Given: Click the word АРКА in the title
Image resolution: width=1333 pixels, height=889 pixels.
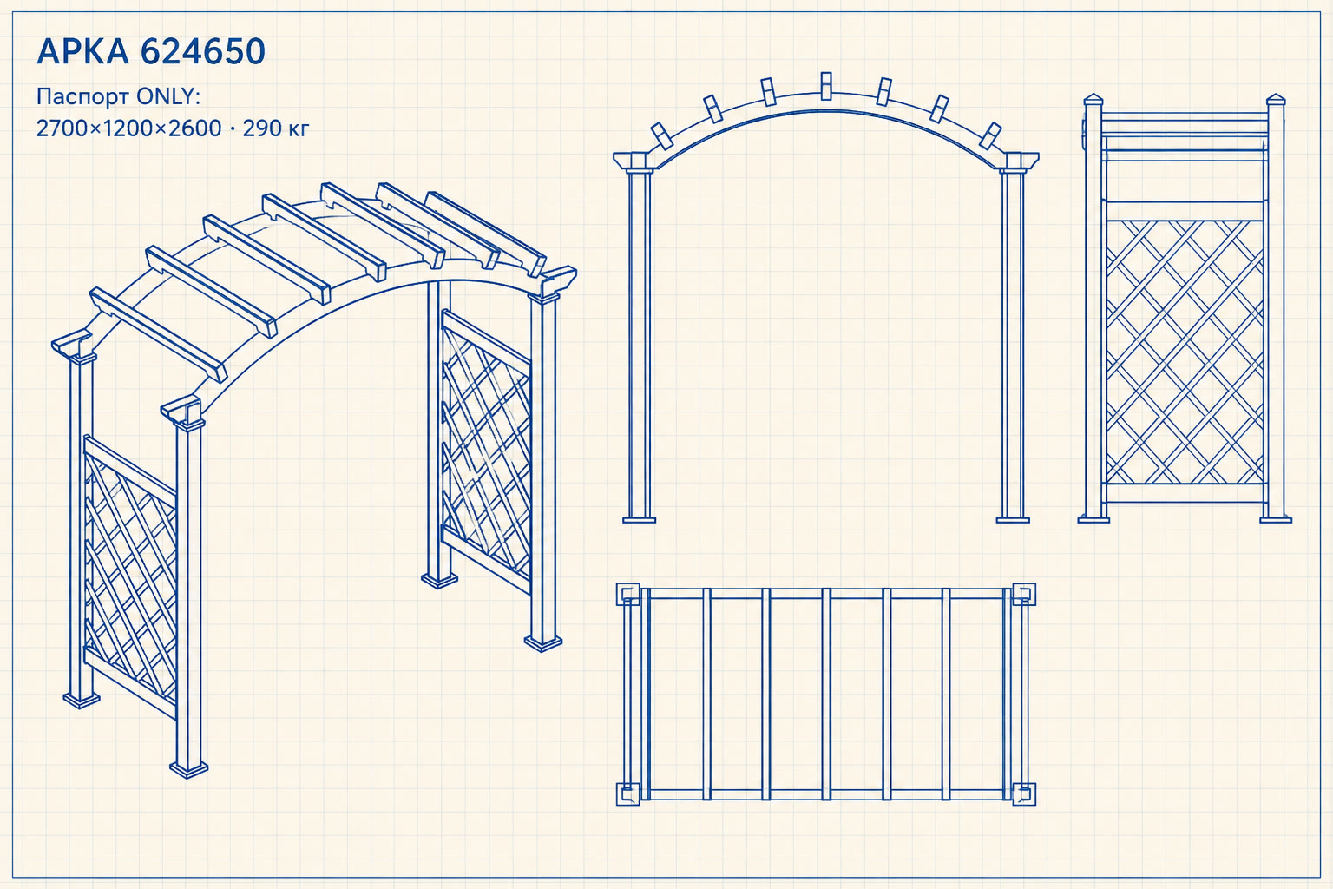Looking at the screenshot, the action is tap(82, 51).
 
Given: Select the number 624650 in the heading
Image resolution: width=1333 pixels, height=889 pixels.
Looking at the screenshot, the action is tap(203, 51).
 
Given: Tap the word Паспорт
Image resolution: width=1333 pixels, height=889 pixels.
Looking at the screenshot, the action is tap(82, 97).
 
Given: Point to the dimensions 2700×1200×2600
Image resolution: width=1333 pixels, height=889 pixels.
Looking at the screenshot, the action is tap(128, 128).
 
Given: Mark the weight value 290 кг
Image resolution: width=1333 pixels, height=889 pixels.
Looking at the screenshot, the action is tap(275, 128).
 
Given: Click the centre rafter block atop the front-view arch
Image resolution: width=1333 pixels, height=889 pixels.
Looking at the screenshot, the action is tap(826, 86).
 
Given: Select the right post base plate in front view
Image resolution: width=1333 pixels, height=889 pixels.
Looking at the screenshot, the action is tap(1012, 520).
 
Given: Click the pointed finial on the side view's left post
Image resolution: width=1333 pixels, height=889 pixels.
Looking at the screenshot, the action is tap(1093, 100).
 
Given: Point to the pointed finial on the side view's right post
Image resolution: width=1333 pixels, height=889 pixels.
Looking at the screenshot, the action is tap(1276, 100).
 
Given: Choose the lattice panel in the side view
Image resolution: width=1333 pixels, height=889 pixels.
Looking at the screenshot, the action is tap(1185, 352).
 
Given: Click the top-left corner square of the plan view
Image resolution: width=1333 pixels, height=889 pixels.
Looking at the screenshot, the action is tap(627, 594).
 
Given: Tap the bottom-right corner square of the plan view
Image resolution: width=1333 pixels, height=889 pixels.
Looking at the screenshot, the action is tap(1024, 794).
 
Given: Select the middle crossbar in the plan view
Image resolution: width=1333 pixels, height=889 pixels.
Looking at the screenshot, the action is tap(826, 694).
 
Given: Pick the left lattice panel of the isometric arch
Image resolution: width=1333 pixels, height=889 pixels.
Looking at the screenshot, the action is tap(130, 577).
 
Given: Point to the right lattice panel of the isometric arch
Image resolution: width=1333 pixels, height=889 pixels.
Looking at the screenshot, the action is tap(486, 452).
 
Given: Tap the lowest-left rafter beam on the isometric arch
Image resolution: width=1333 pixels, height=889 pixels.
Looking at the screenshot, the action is tap(158, 334).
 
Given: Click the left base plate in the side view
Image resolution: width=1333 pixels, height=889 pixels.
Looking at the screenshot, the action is tap(1093, 520).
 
